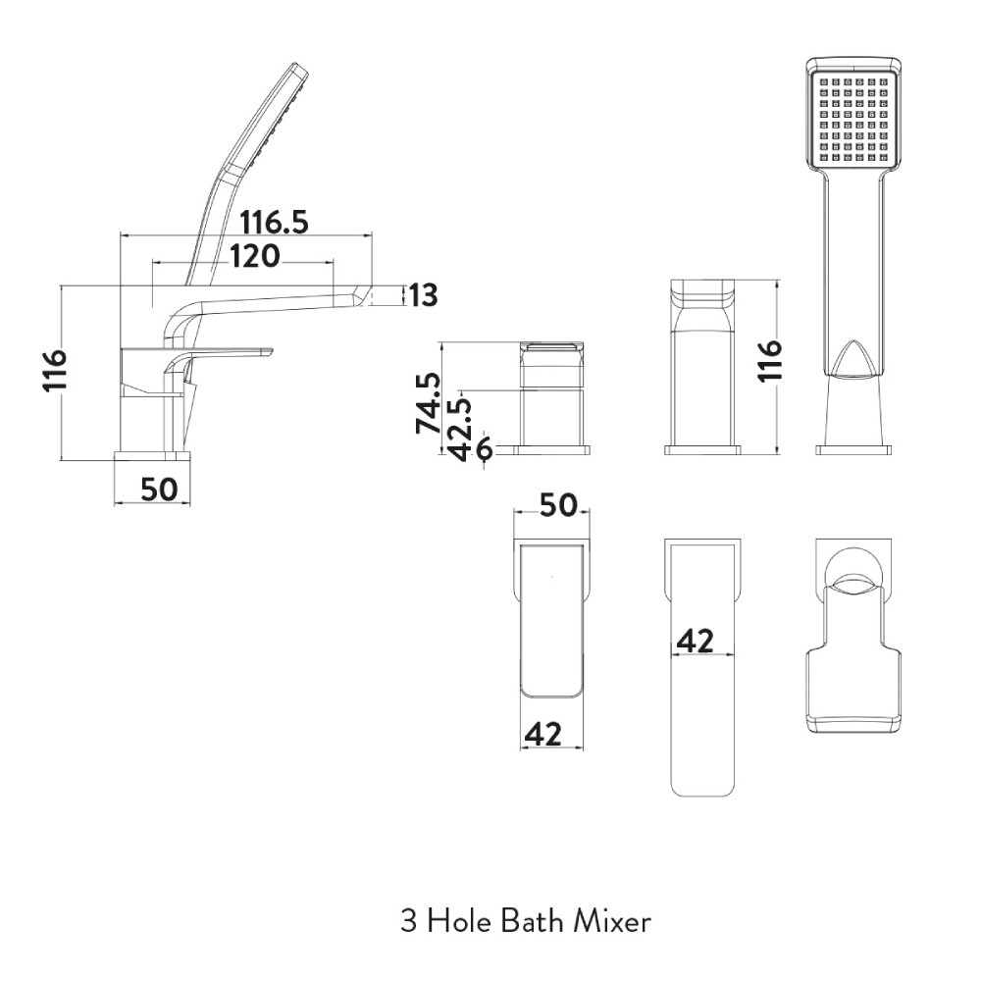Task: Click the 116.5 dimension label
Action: [274, 222]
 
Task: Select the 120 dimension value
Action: [255, 256]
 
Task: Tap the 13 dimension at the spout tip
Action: [424, 295]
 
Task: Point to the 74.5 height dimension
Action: [428, 403]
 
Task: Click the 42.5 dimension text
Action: [460, 430]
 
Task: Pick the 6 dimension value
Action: [484, 449]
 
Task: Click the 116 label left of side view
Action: [54, 371]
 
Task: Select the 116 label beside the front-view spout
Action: [770, 360]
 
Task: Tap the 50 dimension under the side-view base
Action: [159, 490]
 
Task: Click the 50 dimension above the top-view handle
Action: [558, 505]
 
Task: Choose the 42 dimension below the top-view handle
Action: [543, 734]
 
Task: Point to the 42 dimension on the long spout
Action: [696, 642]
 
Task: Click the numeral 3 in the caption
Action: [408, 921]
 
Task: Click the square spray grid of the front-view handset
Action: [853, 118]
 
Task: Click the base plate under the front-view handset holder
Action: [853, 449]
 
